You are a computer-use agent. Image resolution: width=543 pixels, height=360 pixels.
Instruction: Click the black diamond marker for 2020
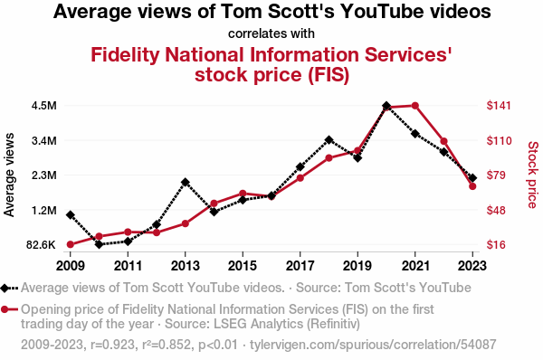pos(386,106)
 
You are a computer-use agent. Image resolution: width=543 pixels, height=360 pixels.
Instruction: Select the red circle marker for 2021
pos(415,106)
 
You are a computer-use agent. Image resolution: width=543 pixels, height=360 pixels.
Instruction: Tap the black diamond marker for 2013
pos(186,182)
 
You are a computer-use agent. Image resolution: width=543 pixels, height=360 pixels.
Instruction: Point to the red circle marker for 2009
pos(71,244)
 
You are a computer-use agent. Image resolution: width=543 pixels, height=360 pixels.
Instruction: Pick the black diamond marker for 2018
pos(329,140)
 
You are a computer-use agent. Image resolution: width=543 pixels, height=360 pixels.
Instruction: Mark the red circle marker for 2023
pos(472,186)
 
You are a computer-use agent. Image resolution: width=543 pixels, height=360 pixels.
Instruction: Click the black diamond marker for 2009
pos(71,215)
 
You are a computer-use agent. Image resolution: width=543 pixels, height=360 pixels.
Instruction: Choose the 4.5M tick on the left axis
pos(44,106)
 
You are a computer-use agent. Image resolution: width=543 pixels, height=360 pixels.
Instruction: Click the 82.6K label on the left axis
pos(41,245)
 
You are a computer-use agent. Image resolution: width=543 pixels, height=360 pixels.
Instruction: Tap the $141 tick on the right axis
pos(499,105)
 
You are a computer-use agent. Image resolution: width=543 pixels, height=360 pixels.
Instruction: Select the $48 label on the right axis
pos(496,210)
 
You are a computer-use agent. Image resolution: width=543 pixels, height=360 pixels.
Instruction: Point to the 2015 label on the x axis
pos(243,266)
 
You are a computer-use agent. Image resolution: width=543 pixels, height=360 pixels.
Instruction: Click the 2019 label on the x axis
pos(357,266)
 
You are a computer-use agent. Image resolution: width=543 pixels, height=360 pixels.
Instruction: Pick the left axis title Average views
pos(9,175)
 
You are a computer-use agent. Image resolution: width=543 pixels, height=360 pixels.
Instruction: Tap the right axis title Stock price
pos(533,175)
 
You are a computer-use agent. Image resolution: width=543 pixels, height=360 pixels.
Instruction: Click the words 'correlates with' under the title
pos(271,33)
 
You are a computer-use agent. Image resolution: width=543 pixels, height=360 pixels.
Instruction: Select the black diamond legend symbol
pos(5,288)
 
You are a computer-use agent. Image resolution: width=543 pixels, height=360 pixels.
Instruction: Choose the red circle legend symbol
pos(5,309)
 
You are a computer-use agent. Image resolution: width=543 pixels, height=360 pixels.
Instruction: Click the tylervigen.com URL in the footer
pos(373,345)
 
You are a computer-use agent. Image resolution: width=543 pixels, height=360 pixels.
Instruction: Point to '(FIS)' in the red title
pos(329,75)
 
